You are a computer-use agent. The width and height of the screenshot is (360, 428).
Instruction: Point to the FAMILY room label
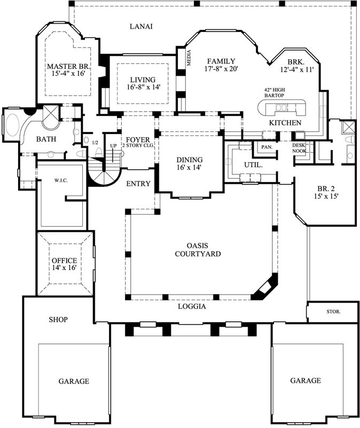point(221,61)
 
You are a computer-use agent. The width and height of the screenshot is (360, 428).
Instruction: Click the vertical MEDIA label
point(188,58)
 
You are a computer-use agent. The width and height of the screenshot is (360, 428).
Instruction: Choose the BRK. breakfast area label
point(294,61)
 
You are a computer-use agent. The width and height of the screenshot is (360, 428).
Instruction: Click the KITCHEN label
point(285,123)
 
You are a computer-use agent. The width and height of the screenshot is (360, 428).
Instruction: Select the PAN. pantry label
point(266,147)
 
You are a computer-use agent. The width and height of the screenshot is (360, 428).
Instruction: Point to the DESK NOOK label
point(299,148)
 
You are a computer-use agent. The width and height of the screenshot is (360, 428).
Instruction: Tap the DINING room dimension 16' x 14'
point(190,168)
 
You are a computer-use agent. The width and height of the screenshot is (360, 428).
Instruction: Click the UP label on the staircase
point(113,146)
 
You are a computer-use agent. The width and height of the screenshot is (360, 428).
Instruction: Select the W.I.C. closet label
point(61,180)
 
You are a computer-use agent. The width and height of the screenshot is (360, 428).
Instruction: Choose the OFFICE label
point(64,260)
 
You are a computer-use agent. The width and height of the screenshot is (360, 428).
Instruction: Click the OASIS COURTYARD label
point(198,250)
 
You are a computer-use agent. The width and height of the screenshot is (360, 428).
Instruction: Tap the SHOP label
point(58,320)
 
